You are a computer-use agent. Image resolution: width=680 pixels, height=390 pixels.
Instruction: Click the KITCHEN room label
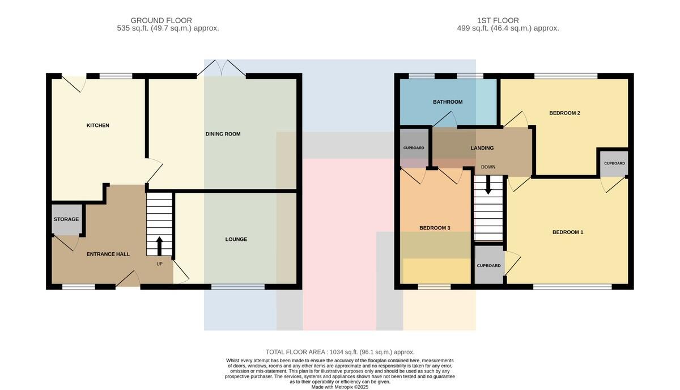pos(97,125)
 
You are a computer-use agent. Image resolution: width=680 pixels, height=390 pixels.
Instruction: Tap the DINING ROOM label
pos(223,134)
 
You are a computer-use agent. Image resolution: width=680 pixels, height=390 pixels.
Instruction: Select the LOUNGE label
pos(236,239)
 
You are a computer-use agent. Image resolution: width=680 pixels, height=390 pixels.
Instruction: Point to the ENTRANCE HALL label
pos(108,254)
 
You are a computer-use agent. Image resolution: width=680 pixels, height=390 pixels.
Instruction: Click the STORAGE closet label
pos(66,219)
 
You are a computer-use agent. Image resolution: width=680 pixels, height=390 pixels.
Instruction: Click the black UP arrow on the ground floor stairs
pos(159,246)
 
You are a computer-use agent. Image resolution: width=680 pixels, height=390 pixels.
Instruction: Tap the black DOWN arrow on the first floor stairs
pos(488,185)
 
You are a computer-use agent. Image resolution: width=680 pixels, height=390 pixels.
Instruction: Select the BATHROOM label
pos(448,102)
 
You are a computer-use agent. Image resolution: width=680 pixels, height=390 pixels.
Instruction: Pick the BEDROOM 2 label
pos(564,113)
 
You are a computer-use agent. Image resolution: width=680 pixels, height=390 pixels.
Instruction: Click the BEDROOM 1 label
pos(568,232)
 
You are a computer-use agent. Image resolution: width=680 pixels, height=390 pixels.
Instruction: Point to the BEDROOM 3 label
pos(435,228)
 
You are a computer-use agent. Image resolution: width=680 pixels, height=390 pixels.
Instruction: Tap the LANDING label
pos(482,148)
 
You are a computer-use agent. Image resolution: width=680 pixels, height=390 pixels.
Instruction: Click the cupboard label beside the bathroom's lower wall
pos(414,148)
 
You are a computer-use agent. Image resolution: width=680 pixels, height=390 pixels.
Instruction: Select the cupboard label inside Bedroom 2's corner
pos(614,163)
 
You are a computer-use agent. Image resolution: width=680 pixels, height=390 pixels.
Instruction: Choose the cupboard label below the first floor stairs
pos(488,266)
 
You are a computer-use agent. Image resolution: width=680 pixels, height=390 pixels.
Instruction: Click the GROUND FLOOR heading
pos(161,20)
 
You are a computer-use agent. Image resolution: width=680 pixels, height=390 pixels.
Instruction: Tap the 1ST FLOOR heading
pos(498,20)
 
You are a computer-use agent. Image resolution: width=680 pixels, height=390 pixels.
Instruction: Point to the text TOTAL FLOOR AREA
pos(296,352)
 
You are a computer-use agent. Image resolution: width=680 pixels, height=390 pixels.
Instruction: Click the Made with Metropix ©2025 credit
pos(339,387)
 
